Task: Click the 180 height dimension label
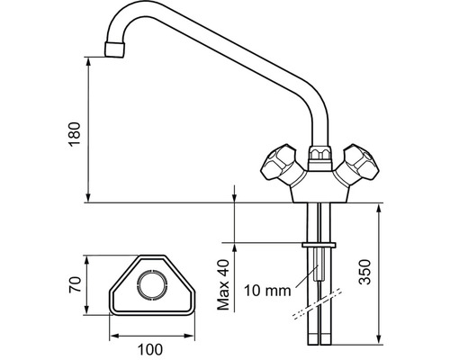pyautogui.click(x=75, y=134)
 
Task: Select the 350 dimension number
pyautogui.click(x=365, y=272)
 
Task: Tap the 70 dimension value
pyautogui.click(x=75, y=284)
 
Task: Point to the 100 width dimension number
pyautogui.click(x=150, y=349)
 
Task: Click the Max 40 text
pyautogui.click(x=223, y=284)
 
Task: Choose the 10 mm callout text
pyautogui.click(x=267, y=291)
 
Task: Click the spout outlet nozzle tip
pyautogui.click(x=114, y=49)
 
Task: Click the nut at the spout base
pyautogui.click(x=320, y=155)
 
